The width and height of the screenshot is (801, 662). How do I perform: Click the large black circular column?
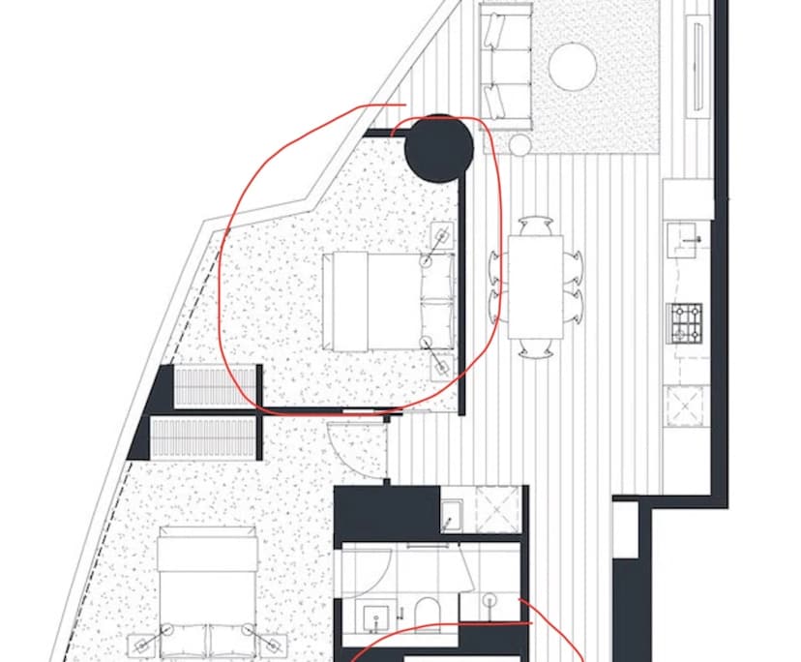pyautogui.click(x=438, y=148)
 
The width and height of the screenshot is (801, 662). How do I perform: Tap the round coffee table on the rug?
pyautogui.click(x=572, y=67)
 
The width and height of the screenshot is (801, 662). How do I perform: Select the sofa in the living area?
pyautogui.click(x=507, y=66)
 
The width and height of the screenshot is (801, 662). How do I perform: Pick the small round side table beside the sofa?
pyautogui.click(x=520, y=145)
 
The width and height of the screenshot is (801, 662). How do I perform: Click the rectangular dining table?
pyautogui.click(x=535, y=287)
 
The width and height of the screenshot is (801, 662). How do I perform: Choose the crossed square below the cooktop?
pyautogui.click(x=684, y=407)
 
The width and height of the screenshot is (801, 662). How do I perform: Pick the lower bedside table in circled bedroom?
pyautogui.click(x=442, y=365)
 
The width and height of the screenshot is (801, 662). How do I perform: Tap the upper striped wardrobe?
pyautogui.click(x=216, y=388)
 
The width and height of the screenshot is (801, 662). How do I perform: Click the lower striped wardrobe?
pyautogui.click(x=205, y=438)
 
